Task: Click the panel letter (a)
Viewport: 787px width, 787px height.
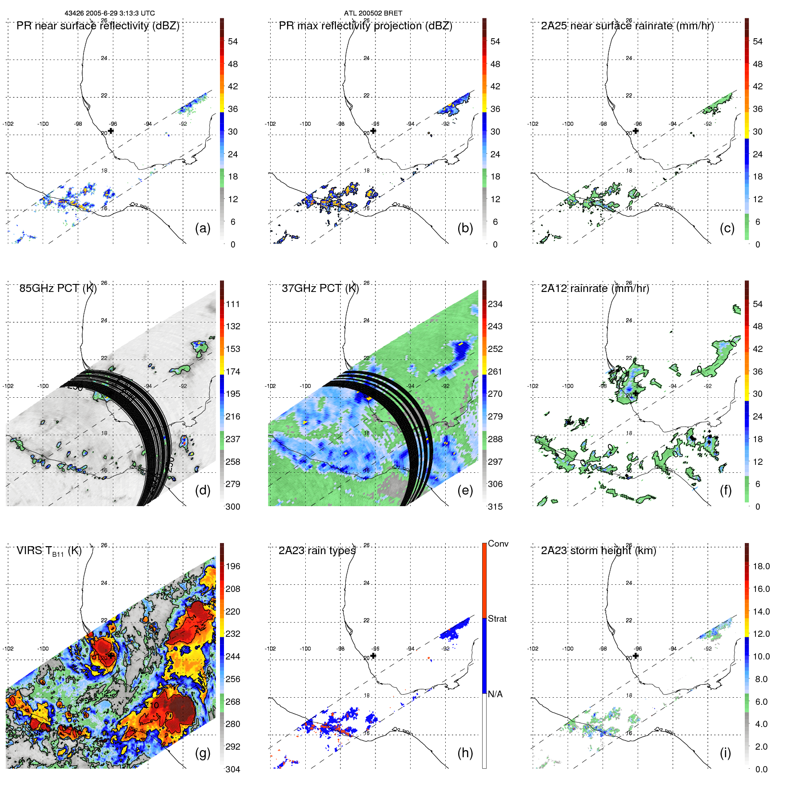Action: pyautogui.click(x=202, y=228)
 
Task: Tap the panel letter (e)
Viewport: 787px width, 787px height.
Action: pyautogui.click(x=465, y=491)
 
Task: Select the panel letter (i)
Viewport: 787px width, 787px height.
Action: pyautogui.click(x=725, y=753)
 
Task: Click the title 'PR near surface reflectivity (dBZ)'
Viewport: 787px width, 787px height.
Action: pyautogui.click(x=98, y=26)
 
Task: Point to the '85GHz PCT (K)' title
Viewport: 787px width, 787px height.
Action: pyautogui.click(x=58, y=288)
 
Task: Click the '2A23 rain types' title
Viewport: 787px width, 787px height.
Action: pyautogui.click(x=317, y=551)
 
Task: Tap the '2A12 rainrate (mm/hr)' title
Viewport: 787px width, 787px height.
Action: pyautogui.click(x=595, y=288)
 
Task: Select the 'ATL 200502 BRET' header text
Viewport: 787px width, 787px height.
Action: pyautogui.click(x=373, y=13)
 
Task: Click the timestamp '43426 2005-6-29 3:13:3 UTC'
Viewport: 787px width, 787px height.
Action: pyautogui.click(x=110, y=13)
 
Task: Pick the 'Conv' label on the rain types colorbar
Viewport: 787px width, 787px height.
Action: pyautogui.click(x=498, y=543)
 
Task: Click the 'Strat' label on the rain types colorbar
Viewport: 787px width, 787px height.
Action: pyautogui.click(x=497, y=619)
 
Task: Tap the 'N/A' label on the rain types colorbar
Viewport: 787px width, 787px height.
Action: pyautogui.click(x=495, y=694)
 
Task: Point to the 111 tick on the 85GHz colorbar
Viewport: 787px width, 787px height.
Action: pyautogui.click(x=232, y=304)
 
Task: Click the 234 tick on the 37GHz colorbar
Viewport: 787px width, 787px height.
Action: pyautogui.click(x=495, y=304)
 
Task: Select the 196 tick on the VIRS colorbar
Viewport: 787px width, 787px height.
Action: pyautogui.click(x=232, y=566)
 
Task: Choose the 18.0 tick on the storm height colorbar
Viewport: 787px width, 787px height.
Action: pyautogui.click(x=761, y=566)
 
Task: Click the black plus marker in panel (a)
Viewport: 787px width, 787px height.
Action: pyautogui.click(x=111, y=131)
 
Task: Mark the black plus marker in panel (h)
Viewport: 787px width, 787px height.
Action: pyautogui.click(x=373, y=655)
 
